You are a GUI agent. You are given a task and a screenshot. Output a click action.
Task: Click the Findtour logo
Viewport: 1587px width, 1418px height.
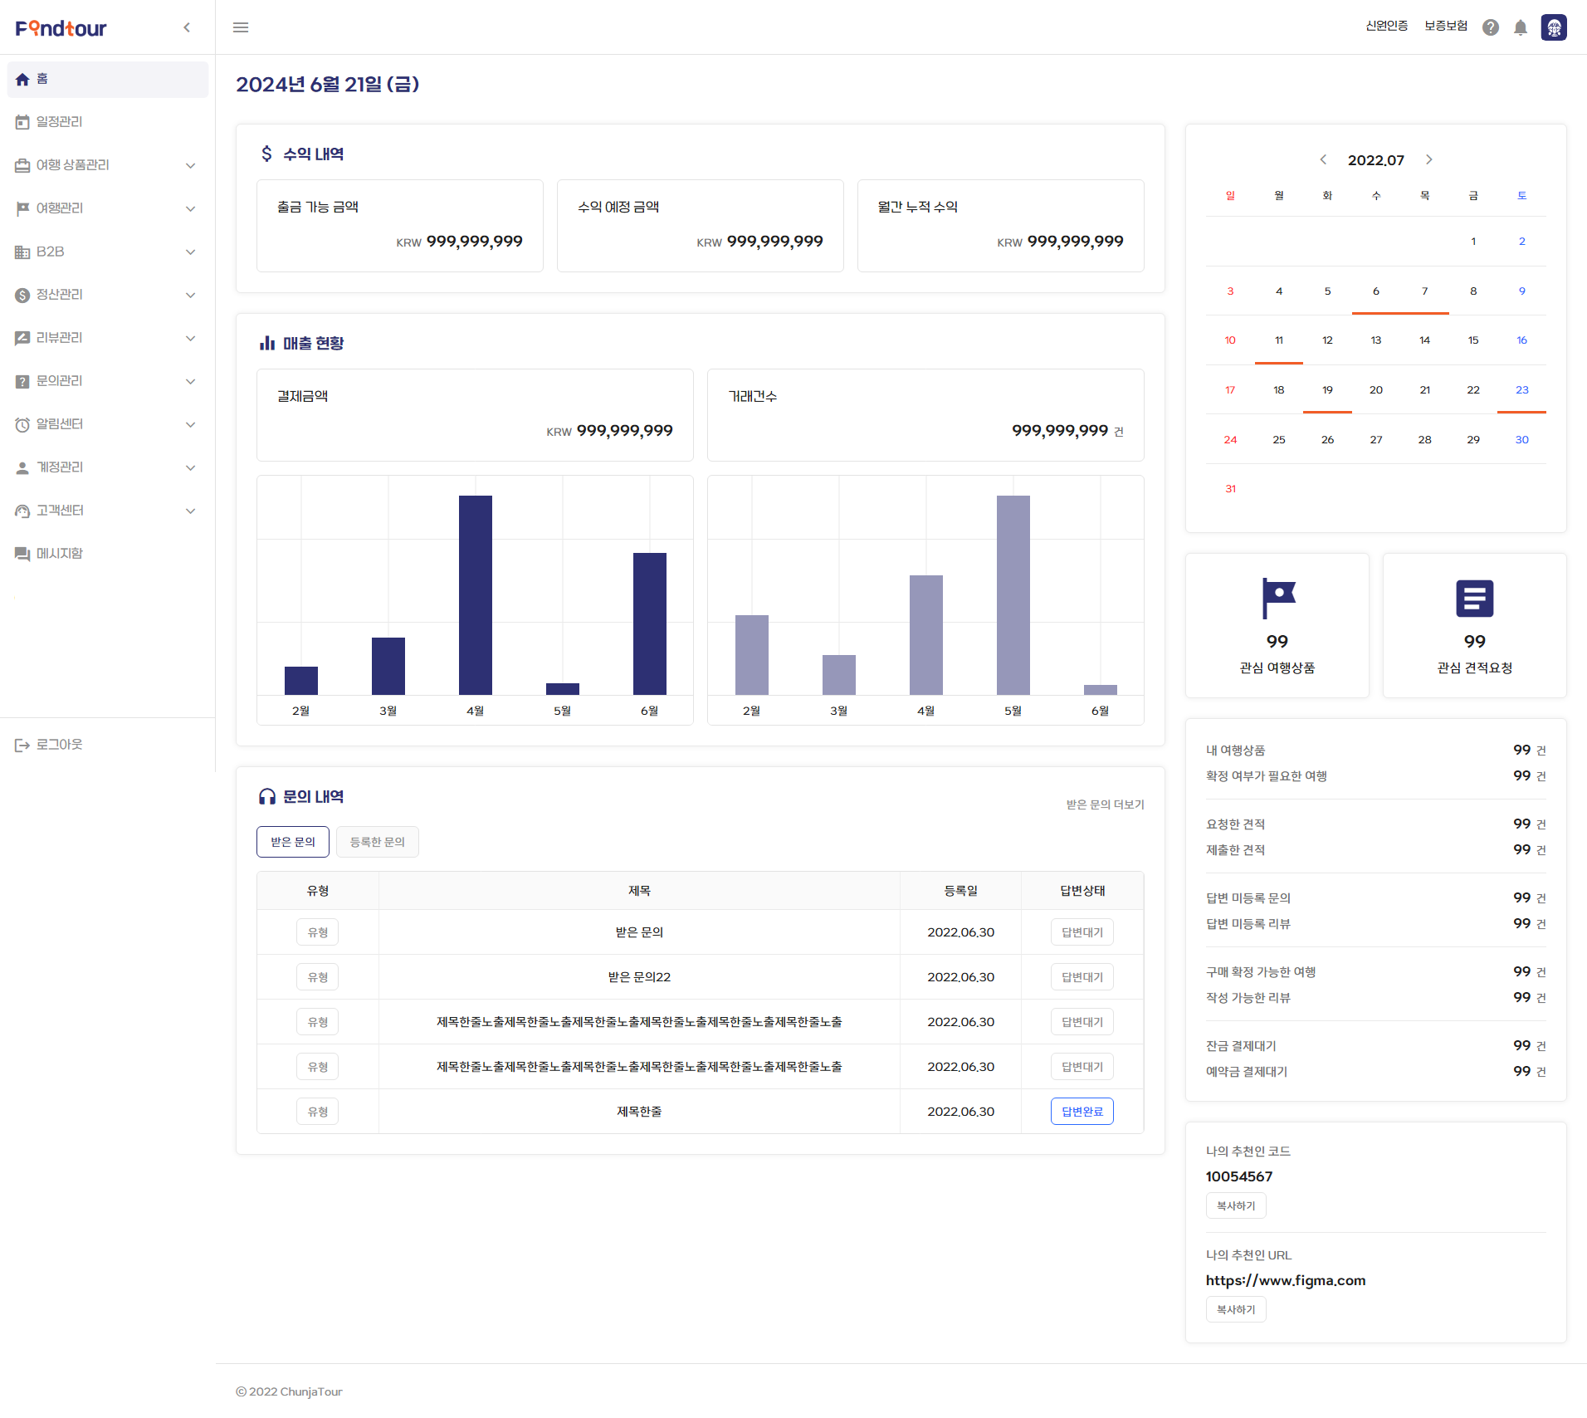[x=61, y=28]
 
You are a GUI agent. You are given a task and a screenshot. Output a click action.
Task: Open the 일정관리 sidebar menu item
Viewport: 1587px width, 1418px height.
[x=59, y=122]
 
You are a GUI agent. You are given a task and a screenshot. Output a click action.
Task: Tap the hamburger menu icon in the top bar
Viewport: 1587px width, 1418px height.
[x=241, y=27]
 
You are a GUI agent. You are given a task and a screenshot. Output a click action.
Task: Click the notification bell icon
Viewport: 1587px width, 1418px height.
[x=1521, y=27]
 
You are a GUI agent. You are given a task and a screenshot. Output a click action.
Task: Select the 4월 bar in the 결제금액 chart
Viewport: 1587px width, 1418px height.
[x=475, y=594]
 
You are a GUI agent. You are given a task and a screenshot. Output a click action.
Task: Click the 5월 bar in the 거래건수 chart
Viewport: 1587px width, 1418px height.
[x=1013, y=594]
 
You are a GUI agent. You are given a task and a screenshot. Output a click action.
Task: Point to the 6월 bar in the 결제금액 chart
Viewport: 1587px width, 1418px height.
[x=649, y=623]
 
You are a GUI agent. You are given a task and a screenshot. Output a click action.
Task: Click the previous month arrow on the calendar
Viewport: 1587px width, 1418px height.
[x=1323, y=159]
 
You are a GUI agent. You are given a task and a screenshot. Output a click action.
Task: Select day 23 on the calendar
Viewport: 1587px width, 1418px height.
[x=1521, y=389]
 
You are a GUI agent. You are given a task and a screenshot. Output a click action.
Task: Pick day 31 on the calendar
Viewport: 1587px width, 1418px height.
[x=1230, y=488]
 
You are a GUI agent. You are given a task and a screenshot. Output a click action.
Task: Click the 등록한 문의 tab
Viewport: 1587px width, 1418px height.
[x=377, y=842]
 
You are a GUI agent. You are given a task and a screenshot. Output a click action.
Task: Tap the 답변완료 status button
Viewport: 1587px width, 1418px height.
[x=1082, y=1111]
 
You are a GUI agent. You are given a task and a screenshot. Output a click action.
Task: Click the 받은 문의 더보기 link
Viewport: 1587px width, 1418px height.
[x=1105, y=804]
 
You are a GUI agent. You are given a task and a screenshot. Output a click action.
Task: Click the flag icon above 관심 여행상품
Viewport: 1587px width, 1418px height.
[x=1278, y=598]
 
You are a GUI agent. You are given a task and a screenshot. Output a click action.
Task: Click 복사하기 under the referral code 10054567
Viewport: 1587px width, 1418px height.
[x=1236, y=1205]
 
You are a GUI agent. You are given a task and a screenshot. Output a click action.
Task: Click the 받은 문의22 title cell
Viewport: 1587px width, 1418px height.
[x=639, y=977]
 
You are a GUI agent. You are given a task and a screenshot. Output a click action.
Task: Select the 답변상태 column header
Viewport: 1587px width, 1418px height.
[x=1082, y=891]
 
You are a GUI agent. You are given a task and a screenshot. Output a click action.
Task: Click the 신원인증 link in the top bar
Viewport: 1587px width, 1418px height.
[x=1386, y=27]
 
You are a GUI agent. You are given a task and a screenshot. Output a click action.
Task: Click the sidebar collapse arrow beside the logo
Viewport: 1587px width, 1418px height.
[x=187, y=27]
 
